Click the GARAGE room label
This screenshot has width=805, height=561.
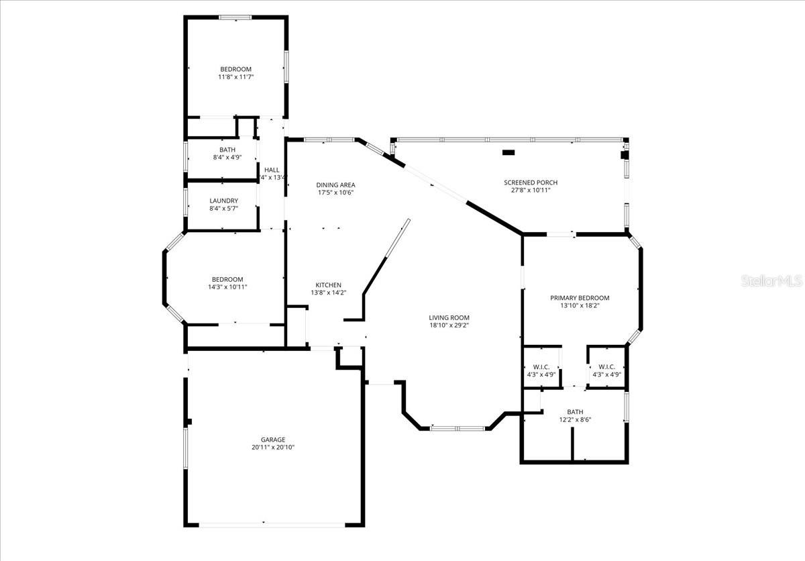pyautogui.click(x=273, y=440)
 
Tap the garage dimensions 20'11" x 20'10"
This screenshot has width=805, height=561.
pyautogui.click(x=273, y=448)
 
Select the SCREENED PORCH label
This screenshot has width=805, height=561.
pyautogui.click(x=531, y=183)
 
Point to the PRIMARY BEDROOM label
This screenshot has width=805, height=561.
pyautogui.click(x=580, y=298)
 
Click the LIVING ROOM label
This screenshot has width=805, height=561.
pyautogui.click(x=449, y=317)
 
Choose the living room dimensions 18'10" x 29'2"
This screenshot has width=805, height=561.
pyautogui.click(x=449, y=325)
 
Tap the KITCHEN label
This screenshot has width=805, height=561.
pyautogui.click(x=328, y=285)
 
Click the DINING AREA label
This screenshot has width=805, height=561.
pyautogui.click(x=335, y=185)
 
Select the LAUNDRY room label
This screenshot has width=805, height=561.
pyautogui.click(x=223, y=201)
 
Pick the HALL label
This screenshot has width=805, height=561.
pyautogui.click(x=272, y=170)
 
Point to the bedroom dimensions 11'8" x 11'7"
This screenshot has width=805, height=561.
pyautogui.click(x=235, y=77)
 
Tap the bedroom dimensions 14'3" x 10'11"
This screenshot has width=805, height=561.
pyautogui.click(x=227, y=287)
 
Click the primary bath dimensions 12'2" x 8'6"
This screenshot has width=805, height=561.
pyautogui.click(x=574, y=419)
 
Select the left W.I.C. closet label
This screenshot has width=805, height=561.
pyautogui.click(x=541, y=366)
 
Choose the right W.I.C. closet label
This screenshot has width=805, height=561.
pyautogui.click(x=606, y=366)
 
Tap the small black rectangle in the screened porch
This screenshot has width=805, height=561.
pyautogui.click(x=508, y=152)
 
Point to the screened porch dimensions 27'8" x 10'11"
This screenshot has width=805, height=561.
pyautogui.click(x=531, y=191)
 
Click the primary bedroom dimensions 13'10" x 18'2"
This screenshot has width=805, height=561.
pyautogui.click(x=580, y=306)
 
